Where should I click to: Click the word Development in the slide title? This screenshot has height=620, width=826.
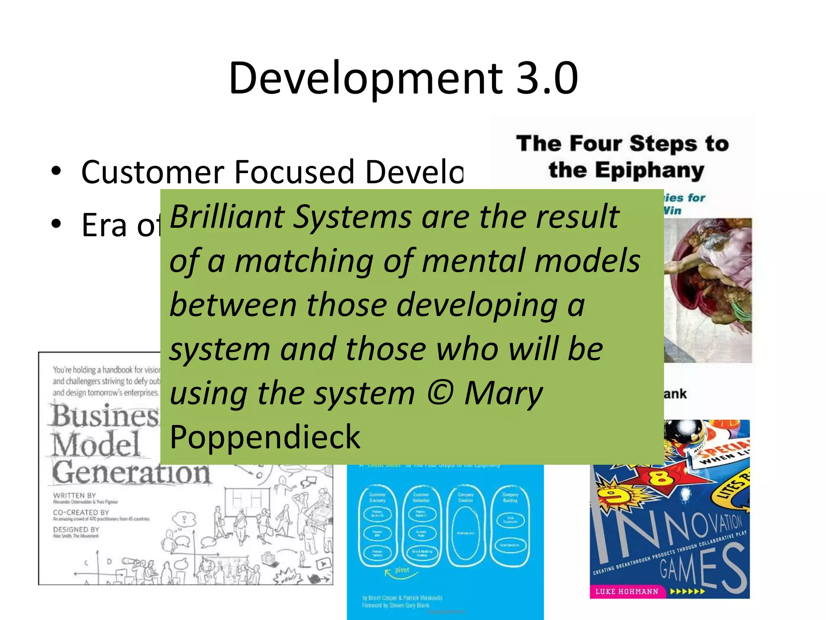pyautogui.click(x=365, y=79)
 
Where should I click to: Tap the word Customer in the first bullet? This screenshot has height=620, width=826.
pyautogui.click(x=152, y=172)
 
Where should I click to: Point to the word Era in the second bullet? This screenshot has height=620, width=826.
pyautogui.click(x=104, y=225)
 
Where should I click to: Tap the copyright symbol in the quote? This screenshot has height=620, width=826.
pyautogui.click(x=440, y=393)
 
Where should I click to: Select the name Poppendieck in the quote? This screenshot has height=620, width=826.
pyautogui.click(x=265, y=437)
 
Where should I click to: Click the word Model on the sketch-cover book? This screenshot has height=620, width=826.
pyautogui.click(x=96, y=444)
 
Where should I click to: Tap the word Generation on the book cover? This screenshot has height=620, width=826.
pyautogui.click(x=131, y=472)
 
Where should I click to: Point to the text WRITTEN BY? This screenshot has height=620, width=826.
pyautogui.click(x=75, y=495)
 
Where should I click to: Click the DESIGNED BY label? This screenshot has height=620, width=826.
pyautogui.click(x=76, y=529)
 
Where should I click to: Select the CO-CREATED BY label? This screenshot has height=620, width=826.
pyautogui.click(x=81, y=512)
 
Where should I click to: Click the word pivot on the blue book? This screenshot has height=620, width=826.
pyautogui.click(x=402, y=570)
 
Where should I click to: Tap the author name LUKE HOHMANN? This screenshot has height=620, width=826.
pyautogui.click(x=627, y=591)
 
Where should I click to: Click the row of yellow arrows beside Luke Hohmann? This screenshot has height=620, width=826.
pyautogui.click(x=688, y=592)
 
